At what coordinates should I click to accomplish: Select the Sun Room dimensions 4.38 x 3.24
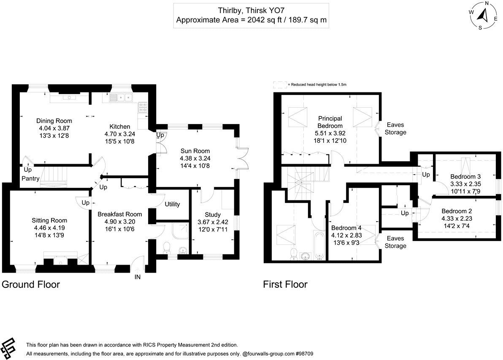click(195, 158)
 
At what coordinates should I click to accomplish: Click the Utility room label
click(172, 204)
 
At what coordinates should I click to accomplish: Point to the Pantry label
click(31, 179)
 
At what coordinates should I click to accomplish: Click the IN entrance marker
click(138, 277)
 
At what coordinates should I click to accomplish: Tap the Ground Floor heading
click(31, 284)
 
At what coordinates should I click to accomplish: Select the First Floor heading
click(285, 284)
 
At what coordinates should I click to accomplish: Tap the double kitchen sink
click(121, 98)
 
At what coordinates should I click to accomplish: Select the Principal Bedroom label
click(330, 122)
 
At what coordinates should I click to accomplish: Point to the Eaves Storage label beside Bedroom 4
click(395, 242)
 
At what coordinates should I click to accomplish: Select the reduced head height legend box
click(279, 85)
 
